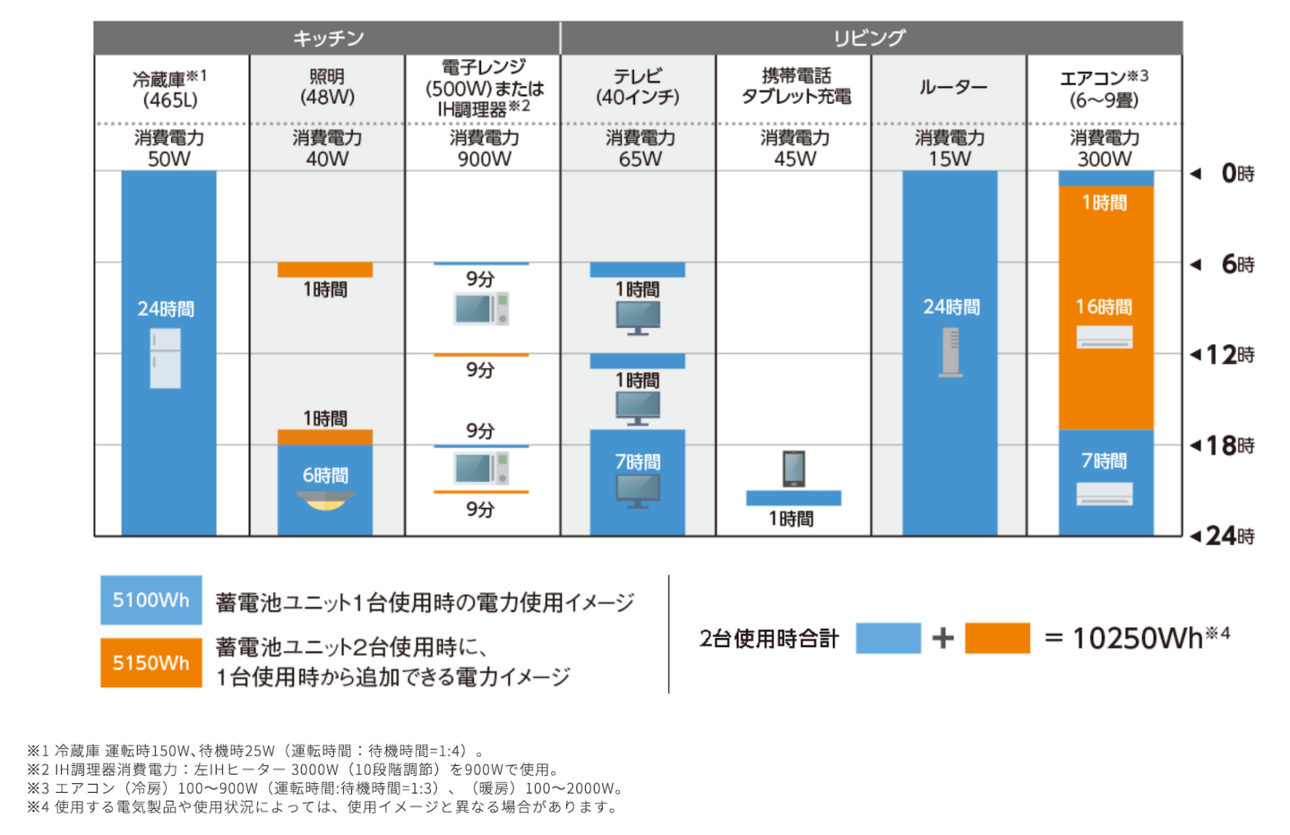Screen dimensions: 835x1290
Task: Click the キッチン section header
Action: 327,38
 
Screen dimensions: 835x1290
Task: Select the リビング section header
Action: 870,38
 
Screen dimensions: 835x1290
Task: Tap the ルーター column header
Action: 950,88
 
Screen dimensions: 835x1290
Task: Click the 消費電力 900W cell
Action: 483,148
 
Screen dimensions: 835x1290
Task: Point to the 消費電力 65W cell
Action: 639,148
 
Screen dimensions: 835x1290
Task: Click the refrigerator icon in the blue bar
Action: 166,357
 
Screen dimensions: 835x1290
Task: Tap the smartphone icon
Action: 794,469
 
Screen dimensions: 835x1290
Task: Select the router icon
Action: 950,351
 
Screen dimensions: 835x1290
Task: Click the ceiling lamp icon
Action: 325,500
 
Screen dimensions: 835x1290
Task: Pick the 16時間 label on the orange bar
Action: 1105,307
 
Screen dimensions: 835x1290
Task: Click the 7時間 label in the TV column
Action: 637,461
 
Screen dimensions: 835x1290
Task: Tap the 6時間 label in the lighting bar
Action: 325,475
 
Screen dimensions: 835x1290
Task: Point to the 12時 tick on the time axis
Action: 1224,355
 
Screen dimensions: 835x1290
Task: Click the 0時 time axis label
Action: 1236,173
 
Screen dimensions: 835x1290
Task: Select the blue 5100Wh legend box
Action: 150,599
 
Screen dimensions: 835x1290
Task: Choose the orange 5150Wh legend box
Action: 150,662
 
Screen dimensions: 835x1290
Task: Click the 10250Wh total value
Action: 1137,638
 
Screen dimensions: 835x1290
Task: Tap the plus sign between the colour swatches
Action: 942,638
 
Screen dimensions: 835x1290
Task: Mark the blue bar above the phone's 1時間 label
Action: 793,498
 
